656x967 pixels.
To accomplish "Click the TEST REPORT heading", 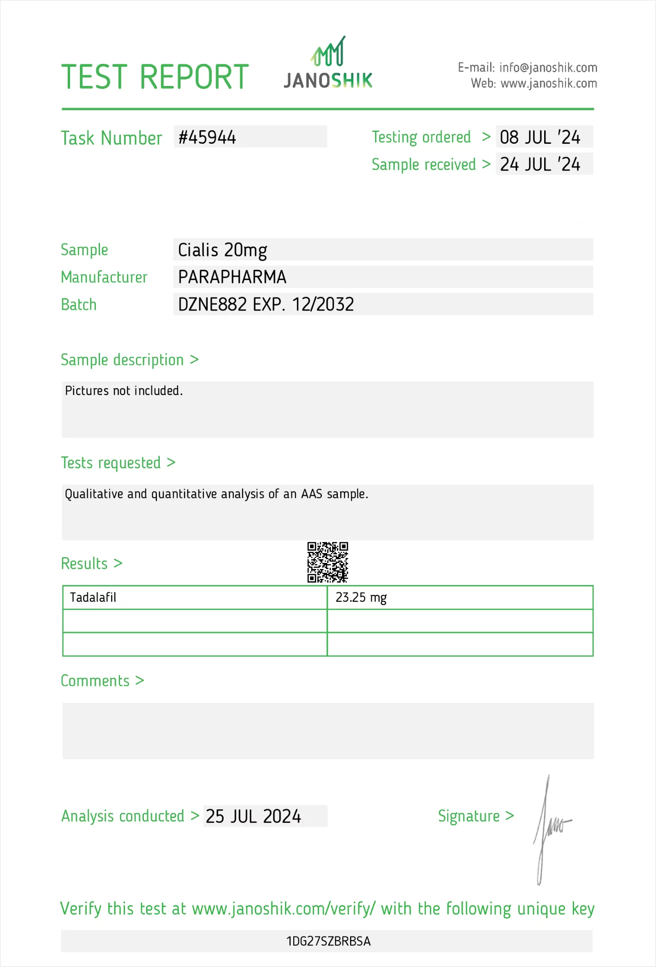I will point(155,77).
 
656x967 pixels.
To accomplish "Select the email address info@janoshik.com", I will point(548,68).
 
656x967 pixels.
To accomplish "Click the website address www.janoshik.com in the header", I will point(548,84).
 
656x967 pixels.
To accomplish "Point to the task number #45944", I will point(207,137).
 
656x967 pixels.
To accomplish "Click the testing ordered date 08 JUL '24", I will point(540,137).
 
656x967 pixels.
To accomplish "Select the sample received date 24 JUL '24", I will point(540,164).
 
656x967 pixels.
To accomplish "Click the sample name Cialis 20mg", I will point(222,250).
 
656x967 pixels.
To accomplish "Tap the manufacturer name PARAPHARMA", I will point(232,277).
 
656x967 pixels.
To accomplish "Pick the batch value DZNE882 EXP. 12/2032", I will point(266,304).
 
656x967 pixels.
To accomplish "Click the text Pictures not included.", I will point(124,391).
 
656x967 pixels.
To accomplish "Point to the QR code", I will point(328,562).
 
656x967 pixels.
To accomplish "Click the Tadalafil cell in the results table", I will point(93,598).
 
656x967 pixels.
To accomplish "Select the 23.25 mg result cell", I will point(361,598).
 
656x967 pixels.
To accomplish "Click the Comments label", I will point(95,681).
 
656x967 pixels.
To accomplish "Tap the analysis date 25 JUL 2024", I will point(253,817).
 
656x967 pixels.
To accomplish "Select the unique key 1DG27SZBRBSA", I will point(328,942).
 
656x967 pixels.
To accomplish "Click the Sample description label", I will point(123,360).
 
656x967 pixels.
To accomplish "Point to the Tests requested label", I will point(111,463).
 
